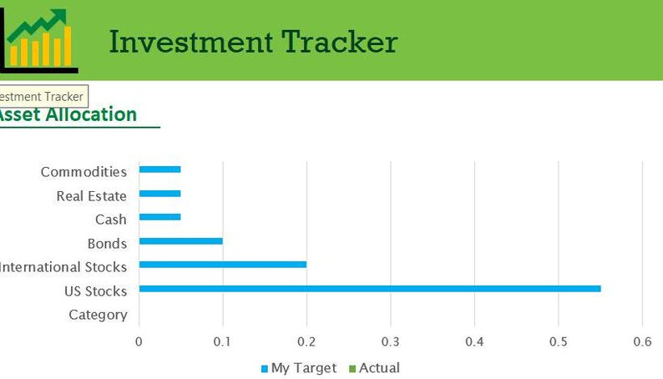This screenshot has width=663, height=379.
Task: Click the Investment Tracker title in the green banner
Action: tap(253, 41)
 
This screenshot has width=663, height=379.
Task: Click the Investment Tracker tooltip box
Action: tap(42, 97)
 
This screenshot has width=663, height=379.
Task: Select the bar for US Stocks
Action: tap(369, 289)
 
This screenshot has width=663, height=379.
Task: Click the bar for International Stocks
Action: tap(222, 265)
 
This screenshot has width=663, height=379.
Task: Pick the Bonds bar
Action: tap(180, 241)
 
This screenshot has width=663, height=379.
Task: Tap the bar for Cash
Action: tap(159, 217)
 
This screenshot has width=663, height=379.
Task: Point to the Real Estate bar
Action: tap(159, 194)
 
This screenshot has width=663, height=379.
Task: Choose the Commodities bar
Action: tap(159, 169)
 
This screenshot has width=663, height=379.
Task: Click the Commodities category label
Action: tap(84, 172)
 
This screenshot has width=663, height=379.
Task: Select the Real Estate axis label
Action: tap(91, 196)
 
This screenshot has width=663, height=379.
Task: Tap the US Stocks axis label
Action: tap(95, 291)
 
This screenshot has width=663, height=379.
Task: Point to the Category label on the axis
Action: tap(98, 315)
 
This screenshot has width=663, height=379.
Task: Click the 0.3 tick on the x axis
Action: tap(390, 341)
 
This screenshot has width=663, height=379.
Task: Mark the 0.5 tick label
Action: tap(558, 341)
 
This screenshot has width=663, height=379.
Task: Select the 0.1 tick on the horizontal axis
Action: tap(222, 341)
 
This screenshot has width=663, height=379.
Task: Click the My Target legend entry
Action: tap(298, 368)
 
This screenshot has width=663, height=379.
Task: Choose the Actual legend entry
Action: tap(373, 368)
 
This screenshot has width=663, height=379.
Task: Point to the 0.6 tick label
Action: tap(641, 341)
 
